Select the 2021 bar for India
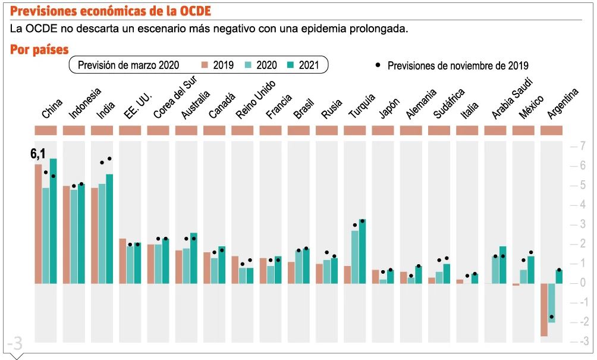(109, 228)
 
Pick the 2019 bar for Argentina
(543, 309)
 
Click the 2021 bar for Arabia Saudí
(503, 264)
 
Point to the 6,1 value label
(38, 155)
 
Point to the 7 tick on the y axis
(582, 146)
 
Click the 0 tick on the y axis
(582, 283)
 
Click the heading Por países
(39, 50)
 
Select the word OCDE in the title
(190, 11)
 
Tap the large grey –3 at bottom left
(14, 343)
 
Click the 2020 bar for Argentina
(551, 303)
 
